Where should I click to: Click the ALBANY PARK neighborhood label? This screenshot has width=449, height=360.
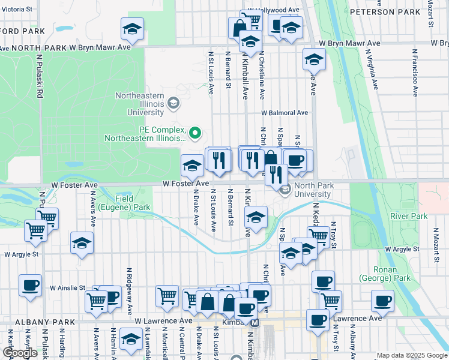point(37,322)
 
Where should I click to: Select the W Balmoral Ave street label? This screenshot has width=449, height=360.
point(284,112)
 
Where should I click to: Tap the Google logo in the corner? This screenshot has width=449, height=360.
point(20,353)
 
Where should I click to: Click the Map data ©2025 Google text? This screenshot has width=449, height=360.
point(412,355)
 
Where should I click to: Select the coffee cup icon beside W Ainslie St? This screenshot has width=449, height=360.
point(30,285)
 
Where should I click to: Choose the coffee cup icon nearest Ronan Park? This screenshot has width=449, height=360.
point(382,300)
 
